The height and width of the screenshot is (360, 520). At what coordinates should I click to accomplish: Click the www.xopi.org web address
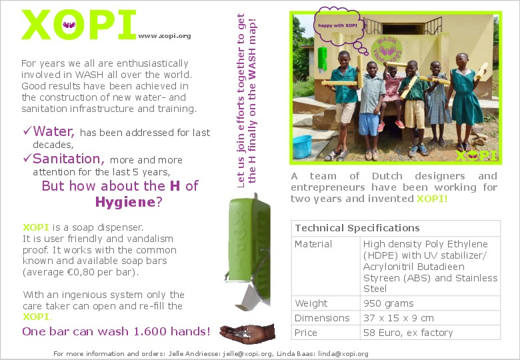tap(165, 36)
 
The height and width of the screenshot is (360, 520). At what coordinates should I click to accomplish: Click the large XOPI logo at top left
tap(79, 25)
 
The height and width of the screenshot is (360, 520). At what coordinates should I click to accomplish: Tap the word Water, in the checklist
tap(53, 131)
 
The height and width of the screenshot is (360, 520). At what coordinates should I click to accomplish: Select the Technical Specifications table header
tap(357, 228)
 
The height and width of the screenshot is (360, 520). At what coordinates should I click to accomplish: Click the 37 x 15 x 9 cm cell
tap(398, 318)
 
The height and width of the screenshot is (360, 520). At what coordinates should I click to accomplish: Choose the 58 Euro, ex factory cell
tap(407, 333)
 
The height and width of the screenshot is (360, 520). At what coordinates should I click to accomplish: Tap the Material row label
tap(313, 244)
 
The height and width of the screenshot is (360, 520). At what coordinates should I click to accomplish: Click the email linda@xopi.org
tap(345, 353)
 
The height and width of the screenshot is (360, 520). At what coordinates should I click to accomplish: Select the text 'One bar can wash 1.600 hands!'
tap(117, 331)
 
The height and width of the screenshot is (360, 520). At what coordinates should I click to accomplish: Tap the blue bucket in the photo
tap(302, 146)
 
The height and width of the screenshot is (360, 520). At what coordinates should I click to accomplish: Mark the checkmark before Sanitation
tap(27, 158)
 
